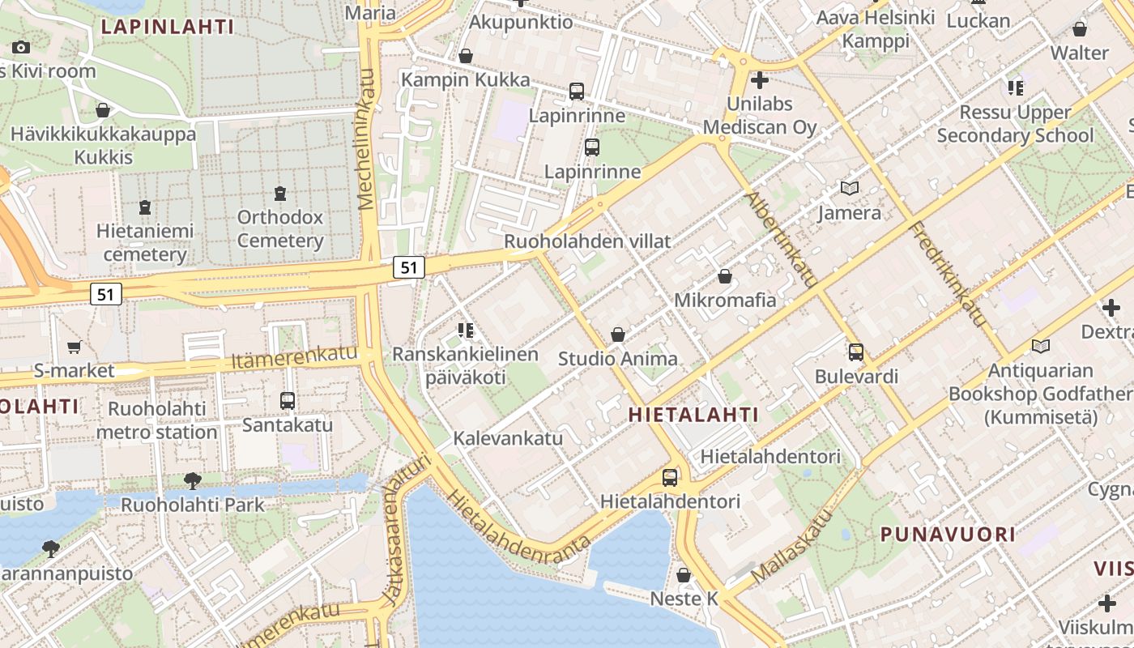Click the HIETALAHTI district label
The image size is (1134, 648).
click(x=694, y=416)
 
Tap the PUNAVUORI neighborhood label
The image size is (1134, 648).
click(x=947, y=535)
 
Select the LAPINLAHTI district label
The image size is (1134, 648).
click(x=168, y=27)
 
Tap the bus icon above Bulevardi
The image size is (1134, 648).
click(x=856, y=352)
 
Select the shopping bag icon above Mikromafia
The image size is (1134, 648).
click(x=725, y=276)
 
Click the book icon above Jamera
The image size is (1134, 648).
click(x=849, y=189)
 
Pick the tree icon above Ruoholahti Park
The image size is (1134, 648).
click(x=192, y=480)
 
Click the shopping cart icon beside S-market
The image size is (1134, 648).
click(x=74, y=347)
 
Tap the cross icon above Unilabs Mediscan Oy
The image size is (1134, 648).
click(x=759, y=80)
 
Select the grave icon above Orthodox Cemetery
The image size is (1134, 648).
click(x=280, y=194)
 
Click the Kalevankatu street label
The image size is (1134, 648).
click(x=508, y=438)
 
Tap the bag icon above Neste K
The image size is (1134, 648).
click(x=684, y=575)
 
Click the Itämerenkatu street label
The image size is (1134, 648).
click(x=294, y=357)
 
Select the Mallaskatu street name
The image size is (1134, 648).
click(x=791, y=547)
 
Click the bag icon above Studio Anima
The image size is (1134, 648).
click(x=618, y=335)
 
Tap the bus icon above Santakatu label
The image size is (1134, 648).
click(x=287, y=400)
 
